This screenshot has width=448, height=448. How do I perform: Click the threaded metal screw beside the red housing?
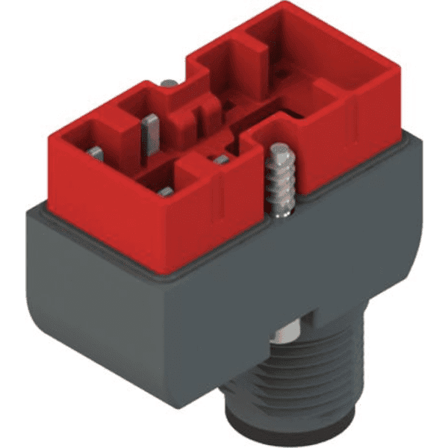(x=279, y=183)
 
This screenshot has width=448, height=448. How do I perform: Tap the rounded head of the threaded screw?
(x=279, y=152)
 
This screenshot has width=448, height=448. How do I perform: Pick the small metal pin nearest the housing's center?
(x=220, y=159)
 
